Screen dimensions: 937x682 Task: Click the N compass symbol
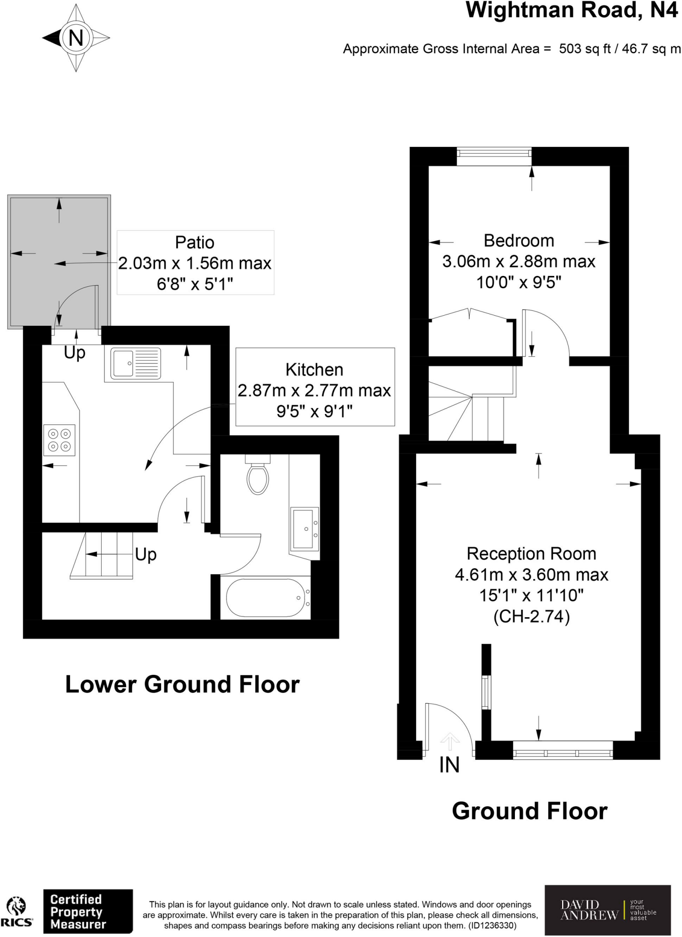76,38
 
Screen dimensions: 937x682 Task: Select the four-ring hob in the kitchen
60,440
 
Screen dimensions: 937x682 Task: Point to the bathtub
265,598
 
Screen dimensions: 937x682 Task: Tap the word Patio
195,242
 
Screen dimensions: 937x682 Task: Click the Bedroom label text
519,241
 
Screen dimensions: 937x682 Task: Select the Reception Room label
531,554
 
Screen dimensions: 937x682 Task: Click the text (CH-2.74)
531,617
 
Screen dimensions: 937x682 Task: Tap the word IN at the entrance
449,765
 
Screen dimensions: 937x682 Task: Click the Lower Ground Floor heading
182,684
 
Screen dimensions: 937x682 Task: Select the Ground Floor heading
530,811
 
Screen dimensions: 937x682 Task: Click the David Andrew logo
607,910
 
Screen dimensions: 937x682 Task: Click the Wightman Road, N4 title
571,10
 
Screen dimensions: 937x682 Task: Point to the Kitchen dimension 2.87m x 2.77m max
314,390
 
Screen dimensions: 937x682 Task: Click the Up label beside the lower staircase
146,555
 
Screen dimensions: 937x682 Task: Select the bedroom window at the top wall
494,156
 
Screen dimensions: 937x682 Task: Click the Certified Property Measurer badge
87,911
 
